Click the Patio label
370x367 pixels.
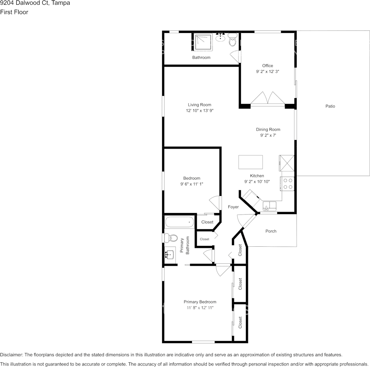click(330, 106)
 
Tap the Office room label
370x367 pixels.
click(268, 66)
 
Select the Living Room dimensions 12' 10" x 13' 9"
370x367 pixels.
click(200, 111)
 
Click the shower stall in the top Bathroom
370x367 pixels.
click(203, 42)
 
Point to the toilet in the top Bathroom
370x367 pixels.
click(233, 40)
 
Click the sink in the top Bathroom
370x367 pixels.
click(220, 37)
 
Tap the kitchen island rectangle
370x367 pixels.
click(251, 162)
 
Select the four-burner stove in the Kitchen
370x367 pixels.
click(287, 183)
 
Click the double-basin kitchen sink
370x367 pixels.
click(270, 206)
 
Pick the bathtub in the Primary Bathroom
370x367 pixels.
click(180, 222)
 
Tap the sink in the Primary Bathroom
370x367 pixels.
click(170, 255)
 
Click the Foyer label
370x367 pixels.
click(233, 207)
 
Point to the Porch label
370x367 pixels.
click(271, 231)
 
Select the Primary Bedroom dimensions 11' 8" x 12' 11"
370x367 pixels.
click(200, 308)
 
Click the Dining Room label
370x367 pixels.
click(268, 129)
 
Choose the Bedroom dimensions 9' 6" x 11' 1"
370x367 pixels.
click(192, 184)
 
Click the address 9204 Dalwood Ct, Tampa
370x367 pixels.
click(35, 3)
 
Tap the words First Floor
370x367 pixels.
click(14, 12)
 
